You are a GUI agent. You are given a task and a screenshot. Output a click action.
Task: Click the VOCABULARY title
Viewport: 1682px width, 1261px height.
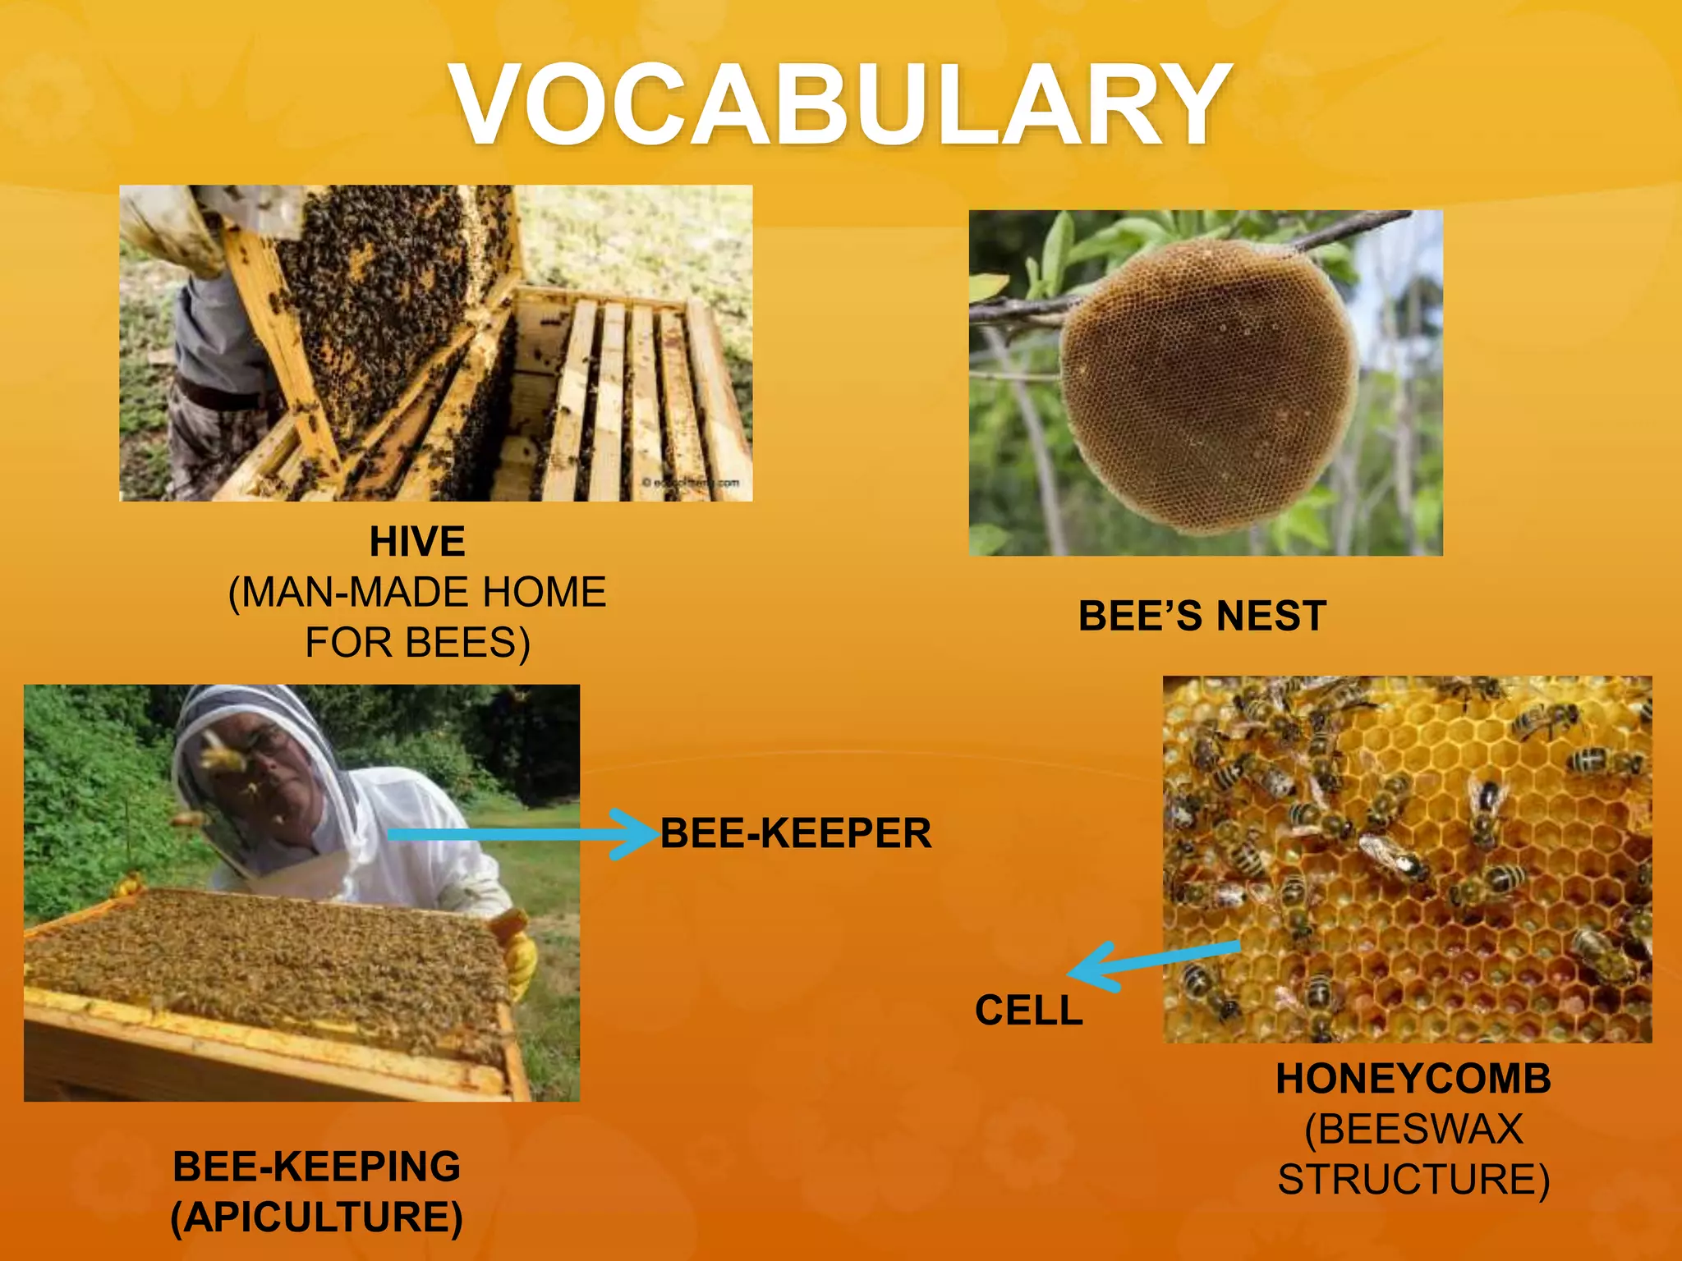841,105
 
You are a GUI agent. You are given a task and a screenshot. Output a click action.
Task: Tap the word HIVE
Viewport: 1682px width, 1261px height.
417,542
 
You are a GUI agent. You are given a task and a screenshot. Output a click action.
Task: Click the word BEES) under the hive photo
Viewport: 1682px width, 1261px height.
468,643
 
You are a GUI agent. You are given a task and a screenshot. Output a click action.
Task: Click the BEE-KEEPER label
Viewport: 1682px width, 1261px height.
795,833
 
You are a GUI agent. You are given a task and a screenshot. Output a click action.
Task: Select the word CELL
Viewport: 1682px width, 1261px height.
1028,1010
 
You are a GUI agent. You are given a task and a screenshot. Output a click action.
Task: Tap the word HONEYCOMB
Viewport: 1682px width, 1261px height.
1413,1079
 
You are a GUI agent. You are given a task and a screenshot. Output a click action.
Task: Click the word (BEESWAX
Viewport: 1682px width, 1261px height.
1413,1129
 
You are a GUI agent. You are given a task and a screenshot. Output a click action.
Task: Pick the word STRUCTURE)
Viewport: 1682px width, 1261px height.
1413,1179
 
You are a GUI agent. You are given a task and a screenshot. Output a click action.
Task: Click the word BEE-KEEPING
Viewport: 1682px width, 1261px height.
316,1167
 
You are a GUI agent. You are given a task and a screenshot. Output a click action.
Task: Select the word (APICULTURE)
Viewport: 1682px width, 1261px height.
316,1217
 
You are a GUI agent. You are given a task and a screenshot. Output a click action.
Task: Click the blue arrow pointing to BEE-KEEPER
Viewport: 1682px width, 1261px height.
526,834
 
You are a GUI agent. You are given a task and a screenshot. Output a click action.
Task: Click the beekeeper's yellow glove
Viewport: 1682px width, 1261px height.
522,961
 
